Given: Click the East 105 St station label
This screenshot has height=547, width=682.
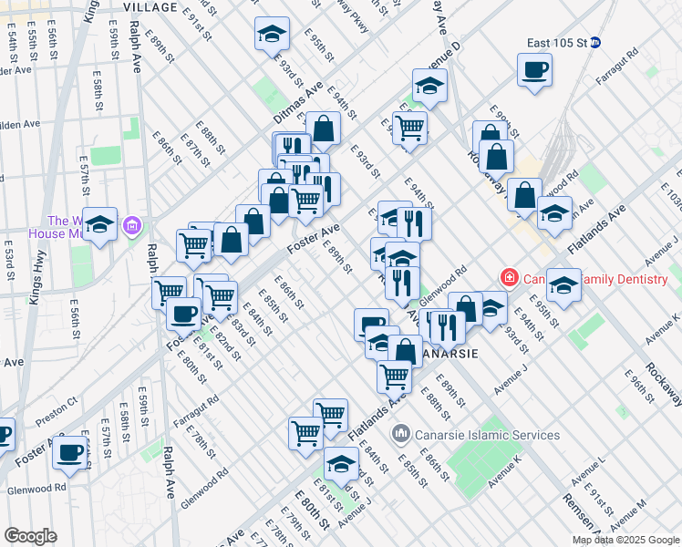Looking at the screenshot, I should pyautogui.click(x=556, y=42).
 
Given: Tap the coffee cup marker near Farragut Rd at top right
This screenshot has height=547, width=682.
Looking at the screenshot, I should pyautogui.click(x=534, y=68).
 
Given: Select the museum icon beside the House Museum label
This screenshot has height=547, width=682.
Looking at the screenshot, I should pyautogui.click(x=133, y=224).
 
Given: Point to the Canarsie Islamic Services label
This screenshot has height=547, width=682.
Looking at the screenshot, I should pyautogui.click(x=487, y=435).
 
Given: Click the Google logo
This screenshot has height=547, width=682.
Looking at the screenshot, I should pyautogui.click(x=30, y=536).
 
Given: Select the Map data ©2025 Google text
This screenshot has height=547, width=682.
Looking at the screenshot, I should pyautogui.click(x=625, y=540).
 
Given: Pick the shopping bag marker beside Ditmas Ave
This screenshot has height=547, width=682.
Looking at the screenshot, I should pyautogui.click(x=323, y=129).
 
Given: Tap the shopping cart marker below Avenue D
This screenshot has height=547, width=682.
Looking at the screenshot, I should pyautogui.click(x=410, y=128).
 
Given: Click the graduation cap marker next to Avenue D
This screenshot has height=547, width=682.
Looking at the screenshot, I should pyautogui.click(x=429, y=87).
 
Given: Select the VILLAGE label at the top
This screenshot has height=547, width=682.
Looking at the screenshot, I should pyautogui.click(x=150, y=6).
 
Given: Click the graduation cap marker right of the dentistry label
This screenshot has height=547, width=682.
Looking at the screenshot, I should pyautogui.click(x=563, y=286).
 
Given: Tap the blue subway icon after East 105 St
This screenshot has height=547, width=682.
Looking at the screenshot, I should pyautogui.click(x=595, y=42).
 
